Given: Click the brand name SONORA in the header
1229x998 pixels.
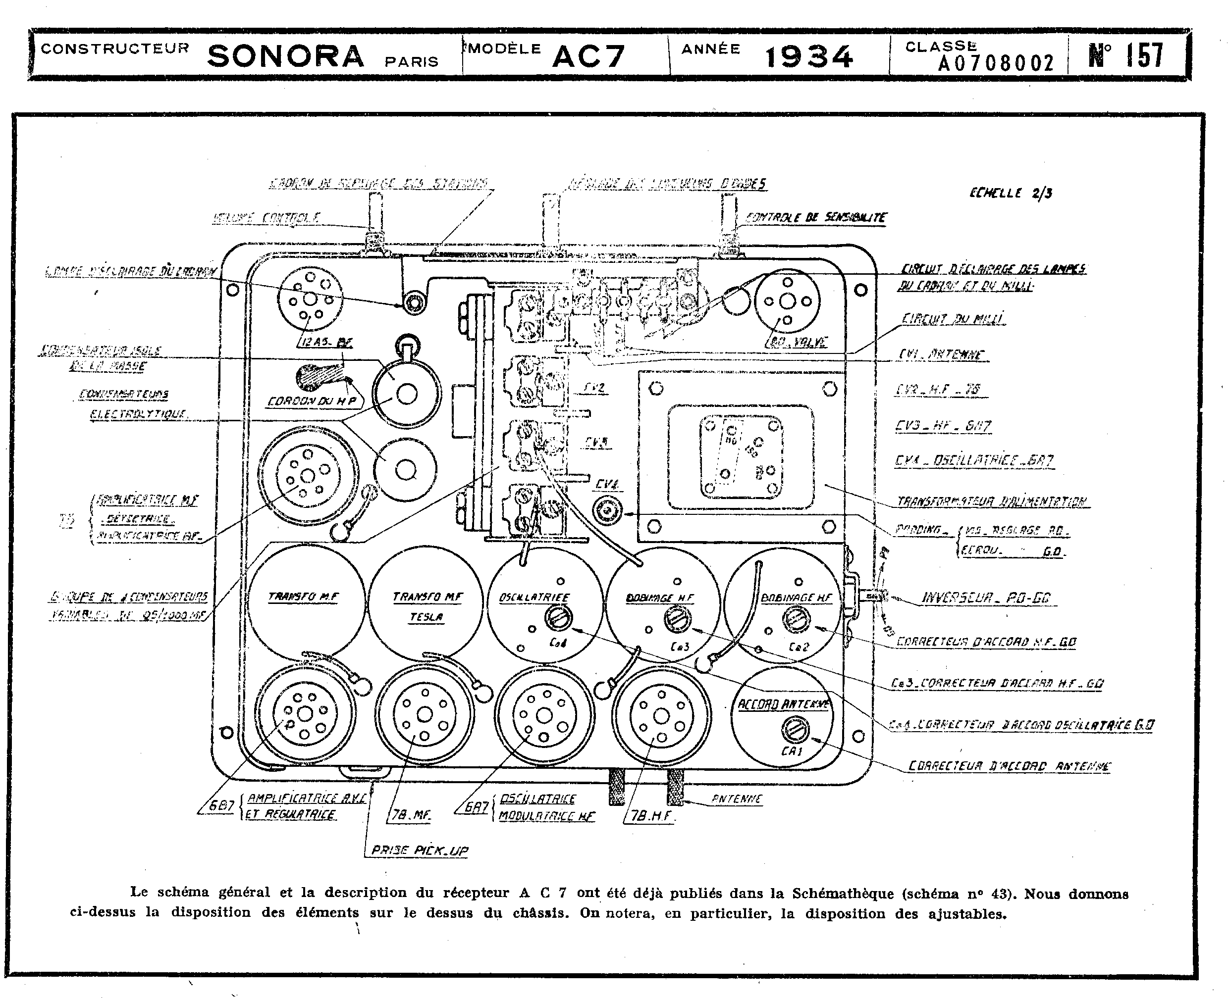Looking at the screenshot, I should coord(285,56).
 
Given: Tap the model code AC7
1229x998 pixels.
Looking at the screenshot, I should coord(588,56).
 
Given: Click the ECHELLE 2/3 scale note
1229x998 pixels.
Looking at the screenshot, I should coord(1011,193).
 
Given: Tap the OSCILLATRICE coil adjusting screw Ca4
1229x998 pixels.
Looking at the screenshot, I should coord(559,619).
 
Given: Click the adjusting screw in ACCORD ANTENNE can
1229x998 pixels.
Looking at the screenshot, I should coord(796,731).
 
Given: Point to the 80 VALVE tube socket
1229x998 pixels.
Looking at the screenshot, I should coord(787,301).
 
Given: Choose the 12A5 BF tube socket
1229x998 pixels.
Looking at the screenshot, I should coord(310,299).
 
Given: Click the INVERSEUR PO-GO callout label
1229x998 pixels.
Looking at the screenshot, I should coord(986,598).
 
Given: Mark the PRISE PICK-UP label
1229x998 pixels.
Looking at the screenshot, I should coord(419,850).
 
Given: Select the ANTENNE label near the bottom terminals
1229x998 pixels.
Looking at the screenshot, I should coord(737,798).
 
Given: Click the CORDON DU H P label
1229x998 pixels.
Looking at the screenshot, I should coord(312,401).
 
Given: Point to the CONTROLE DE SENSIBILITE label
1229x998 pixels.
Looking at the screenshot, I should coord(815,217).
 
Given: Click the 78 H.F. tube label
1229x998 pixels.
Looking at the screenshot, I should coord(651,815).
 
